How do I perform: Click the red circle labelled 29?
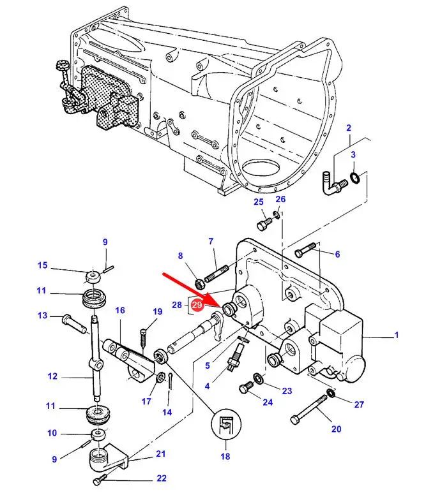[197, 306]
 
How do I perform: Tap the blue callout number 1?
[396, 335]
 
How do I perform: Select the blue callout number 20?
[337, 428]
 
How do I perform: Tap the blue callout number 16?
[120, 310]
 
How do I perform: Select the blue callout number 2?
[349, 129]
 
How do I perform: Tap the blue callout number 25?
[258, 202]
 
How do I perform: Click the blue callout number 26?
[280, 199]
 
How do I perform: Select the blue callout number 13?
[42, 315]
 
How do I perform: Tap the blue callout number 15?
[42, 265]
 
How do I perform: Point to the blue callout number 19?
[158, 311]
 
